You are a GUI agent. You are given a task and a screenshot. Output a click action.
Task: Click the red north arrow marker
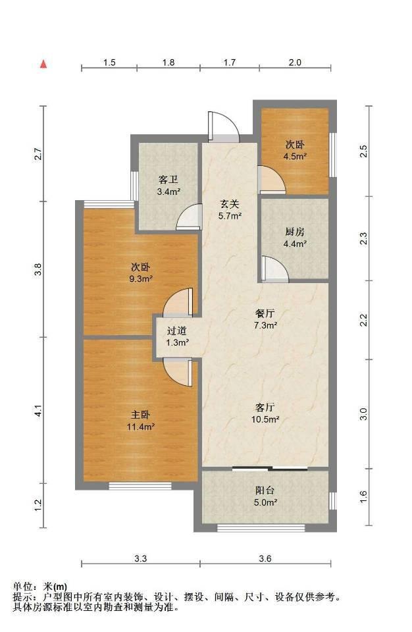pyautogui.click(x=43, y=64)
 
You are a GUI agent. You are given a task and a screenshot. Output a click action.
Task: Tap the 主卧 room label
pyautogui.click(x=140, y=414)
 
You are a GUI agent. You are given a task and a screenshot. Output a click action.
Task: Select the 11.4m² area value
pyautogui.click(x=141, y=427)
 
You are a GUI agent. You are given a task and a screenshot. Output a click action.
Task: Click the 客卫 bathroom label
pyautogui.click(x=168, y=179)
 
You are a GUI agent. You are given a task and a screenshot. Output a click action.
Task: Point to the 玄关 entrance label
pyautogui.click(x=230, y=204)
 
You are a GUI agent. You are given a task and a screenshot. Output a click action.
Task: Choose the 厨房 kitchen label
pyautogui.click(x=295, y=232)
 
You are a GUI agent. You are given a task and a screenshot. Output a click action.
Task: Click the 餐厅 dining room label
pyautogui.click(x=265, y=313)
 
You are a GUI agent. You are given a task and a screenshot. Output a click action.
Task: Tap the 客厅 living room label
pyautogui.click(x=265, y=407)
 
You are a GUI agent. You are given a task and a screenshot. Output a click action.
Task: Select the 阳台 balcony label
pyautogui.click(x=265, y=490)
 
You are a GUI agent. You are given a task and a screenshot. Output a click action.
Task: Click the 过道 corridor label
pyautogui.click(x=177, y=331)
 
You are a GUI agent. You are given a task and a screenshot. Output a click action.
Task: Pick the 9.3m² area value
pyautogui.click(x=141, y=278)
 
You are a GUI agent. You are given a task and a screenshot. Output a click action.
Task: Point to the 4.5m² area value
pyautogui.click(x=295, y=157)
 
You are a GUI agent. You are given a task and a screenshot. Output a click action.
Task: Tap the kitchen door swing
pyautogui.click(x=274, y=268)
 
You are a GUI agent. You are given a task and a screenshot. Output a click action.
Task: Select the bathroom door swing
pyautogui.click(x=189, y=217)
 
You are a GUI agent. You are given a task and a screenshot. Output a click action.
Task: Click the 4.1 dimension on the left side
pyautogui.click(x=38, y=413)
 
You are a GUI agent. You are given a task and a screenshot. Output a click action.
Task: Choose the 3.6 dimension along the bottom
pyautogui.click(x=265, y=559)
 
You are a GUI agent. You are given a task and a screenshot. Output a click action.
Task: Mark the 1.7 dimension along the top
pyautogui.click(x=230, y=63)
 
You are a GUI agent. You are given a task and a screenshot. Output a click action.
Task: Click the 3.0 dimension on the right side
pyautogui.click(x=363, y=414)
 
